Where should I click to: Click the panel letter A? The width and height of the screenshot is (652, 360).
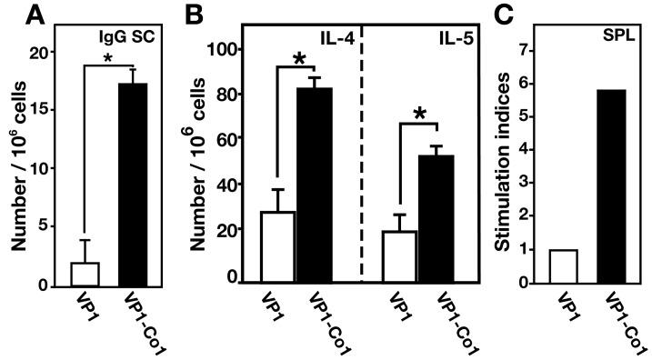tap(13, 15)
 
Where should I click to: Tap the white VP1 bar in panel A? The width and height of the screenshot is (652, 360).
tap(85, 274)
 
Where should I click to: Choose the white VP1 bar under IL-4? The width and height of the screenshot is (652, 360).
tap(277, 246)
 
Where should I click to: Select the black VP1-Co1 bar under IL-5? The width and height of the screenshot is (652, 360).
tap(441, 219)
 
